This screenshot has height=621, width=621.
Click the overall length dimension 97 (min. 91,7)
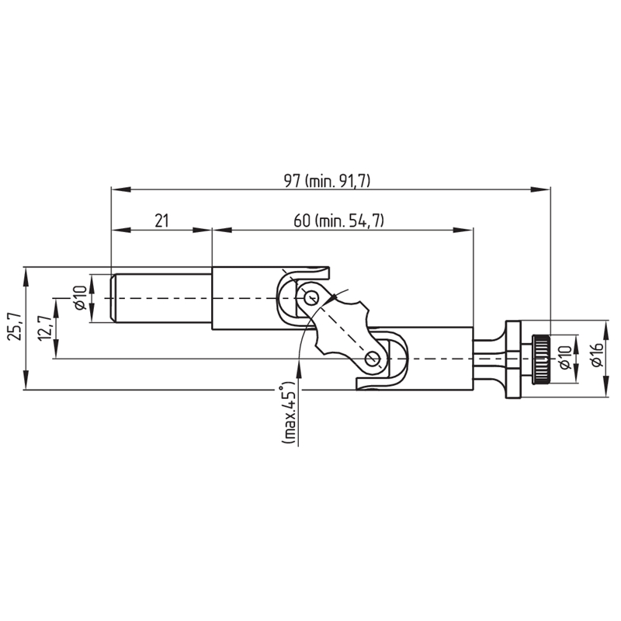(327, 181)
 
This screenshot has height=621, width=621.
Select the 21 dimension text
(161, 220)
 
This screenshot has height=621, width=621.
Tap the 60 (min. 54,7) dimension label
(339, 220)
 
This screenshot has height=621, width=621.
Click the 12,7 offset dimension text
(43, 326)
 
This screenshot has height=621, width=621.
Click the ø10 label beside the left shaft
(80, 298)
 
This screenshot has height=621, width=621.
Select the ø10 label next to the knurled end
(566, 357)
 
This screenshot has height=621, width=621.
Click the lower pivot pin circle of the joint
(373, 359)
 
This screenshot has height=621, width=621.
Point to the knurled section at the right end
(541, 359)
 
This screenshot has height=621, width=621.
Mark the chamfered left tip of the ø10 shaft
(113, 298)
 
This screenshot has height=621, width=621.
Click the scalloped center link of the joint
(342, 328)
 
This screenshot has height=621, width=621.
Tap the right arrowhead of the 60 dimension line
(463, 230)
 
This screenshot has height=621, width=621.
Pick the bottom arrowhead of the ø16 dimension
(606, 387)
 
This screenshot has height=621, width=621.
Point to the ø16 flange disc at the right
(512, 359)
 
